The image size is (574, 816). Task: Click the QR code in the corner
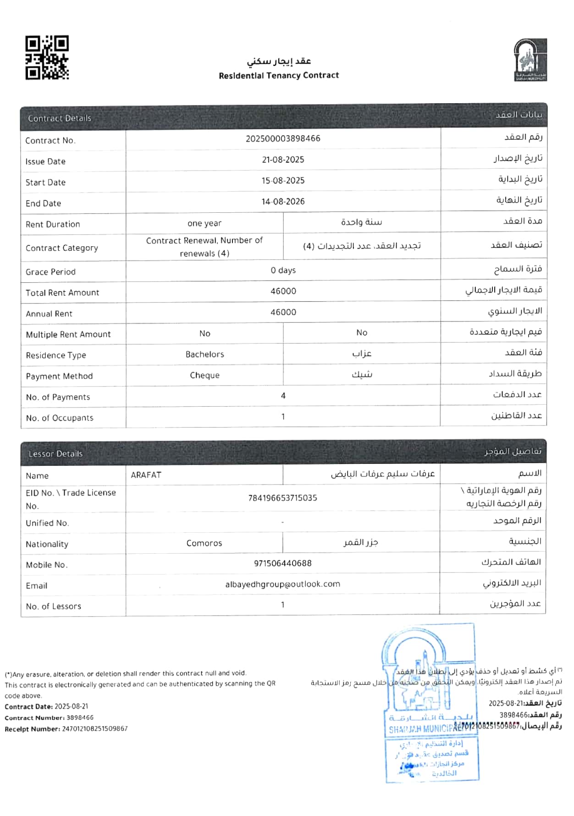(47, 58)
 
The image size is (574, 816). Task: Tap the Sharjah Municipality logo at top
(530, 60)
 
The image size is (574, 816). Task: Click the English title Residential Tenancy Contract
(279, 76)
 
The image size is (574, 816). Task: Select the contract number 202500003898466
(283, 138)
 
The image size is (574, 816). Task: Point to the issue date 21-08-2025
(283, 160)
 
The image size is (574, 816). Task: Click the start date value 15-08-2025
(283, 181)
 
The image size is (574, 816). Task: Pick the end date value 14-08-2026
(283, 202)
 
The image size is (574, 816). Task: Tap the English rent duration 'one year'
(204, 223)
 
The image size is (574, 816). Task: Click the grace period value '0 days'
(283, 270)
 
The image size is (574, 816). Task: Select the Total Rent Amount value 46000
(283, 291)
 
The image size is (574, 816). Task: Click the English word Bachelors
(204, 354)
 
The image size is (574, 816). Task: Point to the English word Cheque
(204, 375)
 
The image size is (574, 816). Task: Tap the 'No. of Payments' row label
(58, 397)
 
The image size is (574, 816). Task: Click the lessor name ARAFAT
(146, 475)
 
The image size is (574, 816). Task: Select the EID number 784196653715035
(282, 498)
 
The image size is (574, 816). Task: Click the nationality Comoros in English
(204, 543)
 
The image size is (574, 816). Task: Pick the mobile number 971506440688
(282, 563)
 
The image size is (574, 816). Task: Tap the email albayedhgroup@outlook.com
(282, 584)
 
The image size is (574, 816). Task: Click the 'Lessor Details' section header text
(55, 454)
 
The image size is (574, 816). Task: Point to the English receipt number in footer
(94, 728)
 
